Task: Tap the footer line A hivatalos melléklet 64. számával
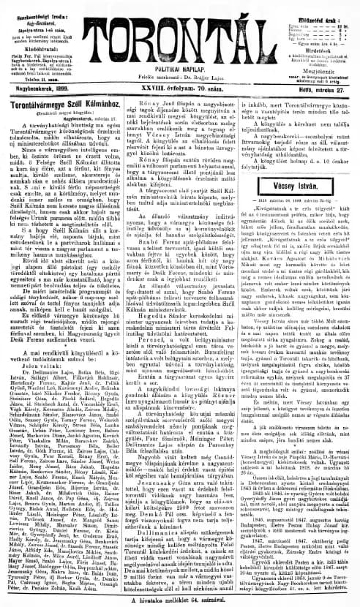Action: [180, 600]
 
